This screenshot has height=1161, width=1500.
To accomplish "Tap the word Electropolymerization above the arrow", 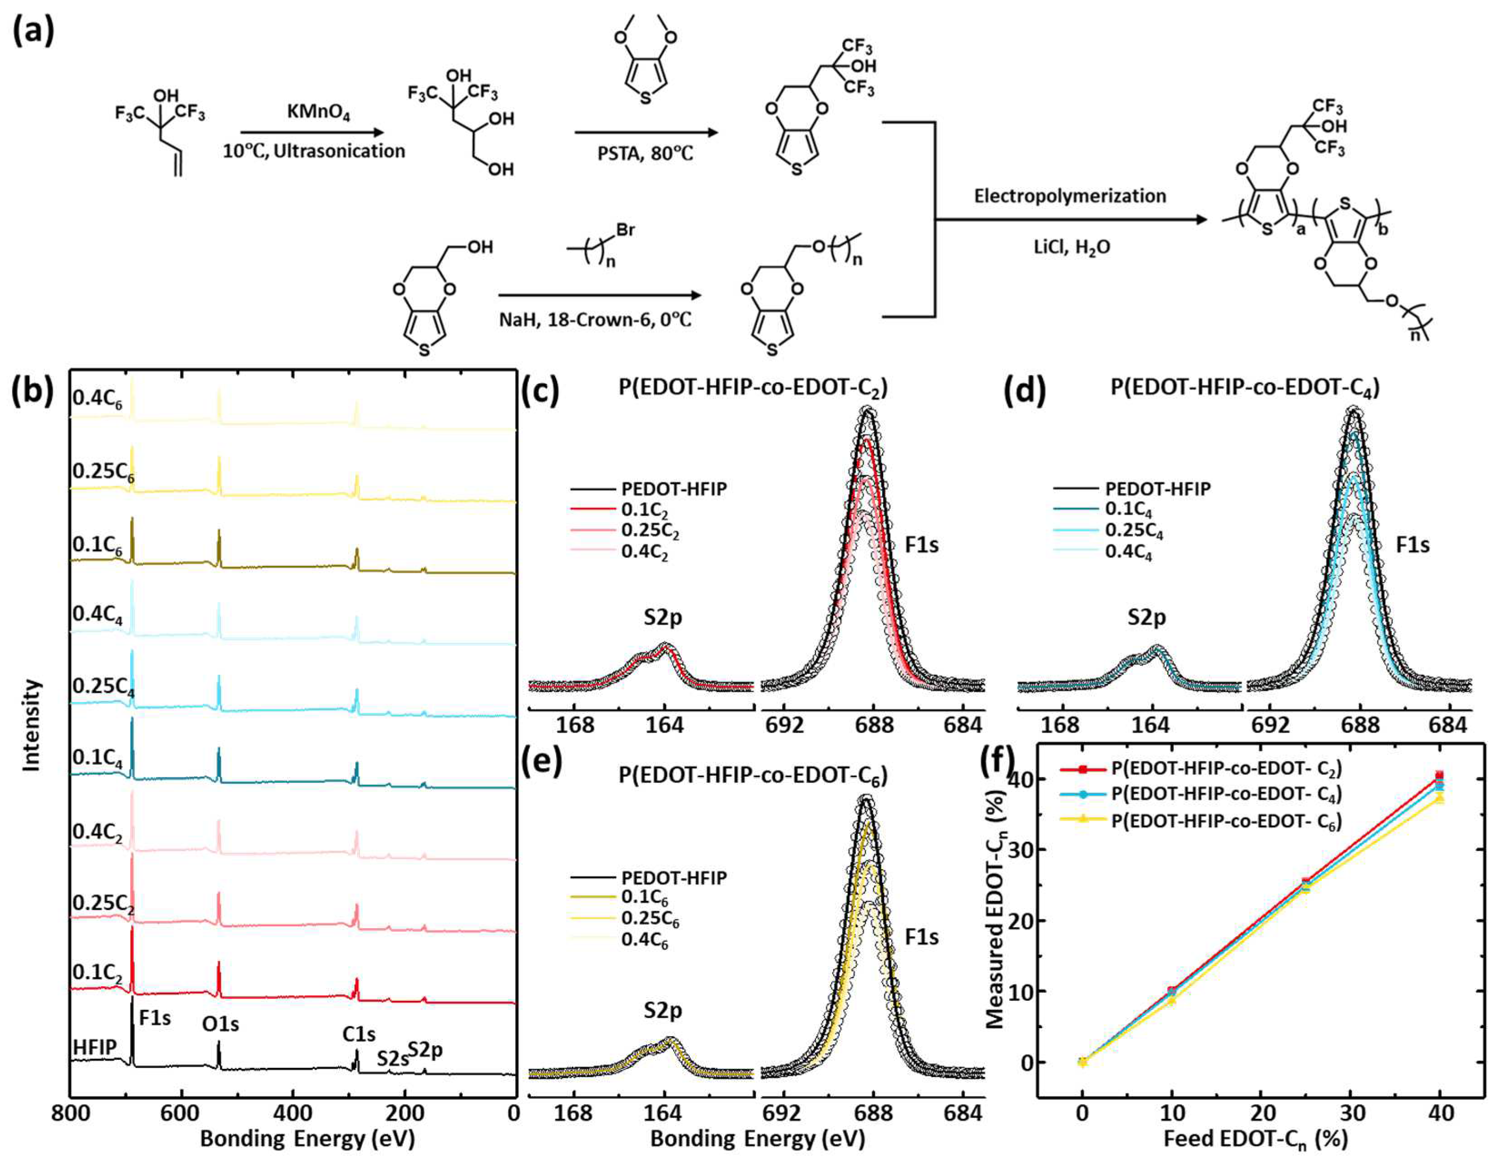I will (x=1069, y=197).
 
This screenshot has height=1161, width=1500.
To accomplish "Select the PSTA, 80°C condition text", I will (x=646, y=153).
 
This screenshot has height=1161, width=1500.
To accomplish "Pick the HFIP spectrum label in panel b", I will (x=94, y=1046).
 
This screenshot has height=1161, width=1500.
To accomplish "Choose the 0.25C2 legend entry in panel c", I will (x=649, y=531).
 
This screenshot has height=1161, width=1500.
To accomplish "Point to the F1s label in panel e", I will (x=921, y=938).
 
